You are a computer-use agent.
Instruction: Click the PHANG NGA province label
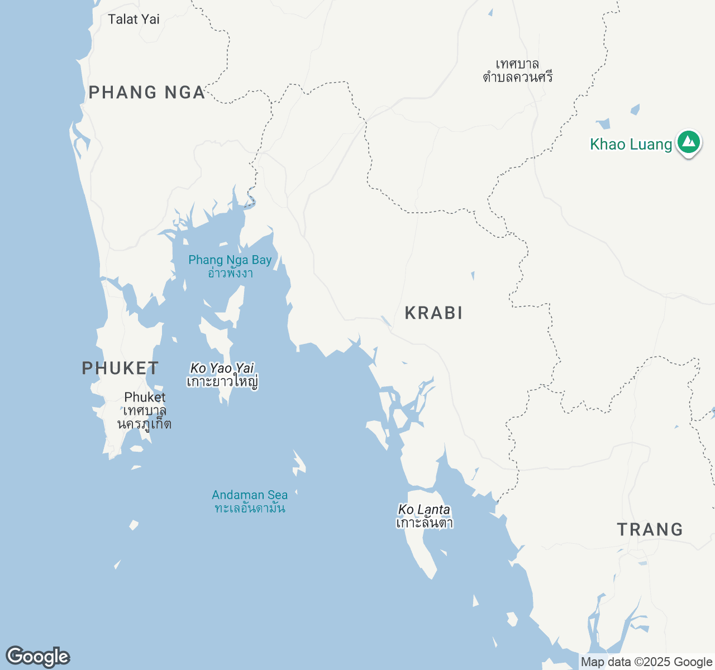147,92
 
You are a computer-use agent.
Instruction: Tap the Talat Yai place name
134,19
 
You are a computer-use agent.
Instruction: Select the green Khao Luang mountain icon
689,142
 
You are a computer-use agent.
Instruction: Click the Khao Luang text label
631,144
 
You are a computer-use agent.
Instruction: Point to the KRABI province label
433,313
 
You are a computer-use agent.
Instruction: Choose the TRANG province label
650,529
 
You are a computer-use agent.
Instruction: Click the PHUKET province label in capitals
120,368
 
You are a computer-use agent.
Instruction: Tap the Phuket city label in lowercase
145,397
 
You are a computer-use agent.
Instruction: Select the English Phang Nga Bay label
230,260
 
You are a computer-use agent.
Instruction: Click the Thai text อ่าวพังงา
230,273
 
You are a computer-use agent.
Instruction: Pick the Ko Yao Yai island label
222,368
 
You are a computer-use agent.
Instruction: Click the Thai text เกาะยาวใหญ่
222,382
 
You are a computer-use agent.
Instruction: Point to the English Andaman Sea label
250,495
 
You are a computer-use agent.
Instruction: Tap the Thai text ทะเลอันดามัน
250,508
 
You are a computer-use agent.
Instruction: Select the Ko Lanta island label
424,509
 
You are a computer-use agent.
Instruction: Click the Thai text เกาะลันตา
424,523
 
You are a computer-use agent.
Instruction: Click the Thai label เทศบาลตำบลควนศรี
517,71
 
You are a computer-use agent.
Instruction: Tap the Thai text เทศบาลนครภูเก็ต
144,417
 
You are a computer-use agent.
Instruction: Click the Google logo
37,657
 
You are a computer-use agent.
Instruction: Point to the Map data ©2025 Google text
646,662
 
